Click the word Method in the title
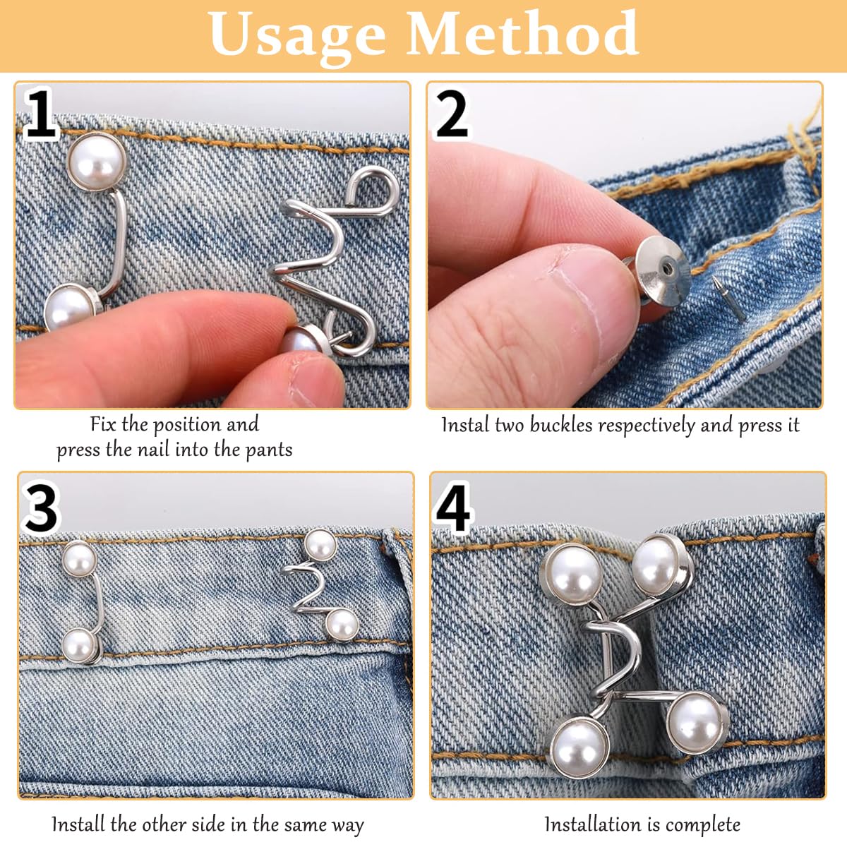[522, 33]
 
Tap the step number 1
[40, 114]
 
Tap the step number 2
[452, 114]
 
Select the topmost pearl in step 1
[97, 162]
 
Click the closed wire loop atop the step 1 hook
[373, 192]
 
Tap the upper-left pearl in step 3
[79, 560]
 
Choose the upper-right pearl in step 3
[320, 545]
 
